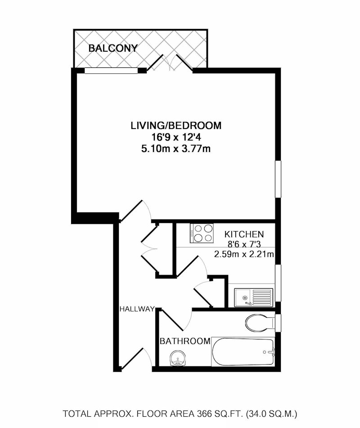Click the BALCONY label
coord(113,48)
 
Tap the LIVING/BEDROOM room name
coord(176,125)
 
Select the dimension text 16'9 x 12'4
coord(176,137)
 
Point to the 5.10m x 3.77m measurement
coord(176,149)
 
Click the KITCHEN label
coord(244,234)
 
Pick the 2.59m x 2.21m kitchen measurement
coord(244,254)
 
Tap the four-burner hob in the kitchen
coord(202,233)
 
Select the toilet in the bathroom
coord(260,323)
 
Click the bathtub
coord(243,352)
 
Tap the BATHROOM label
coord(185,341)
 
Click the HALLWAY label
coord(137,309)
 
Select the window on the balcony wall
coord(111,71)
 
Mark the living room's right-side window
coord(278,179)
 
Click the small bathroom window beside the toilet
coord(278,323)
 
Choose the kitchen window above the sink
coord(278,283)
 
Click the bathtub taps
coord(270,352)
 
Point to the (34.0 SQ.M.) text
coord(271,414)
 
